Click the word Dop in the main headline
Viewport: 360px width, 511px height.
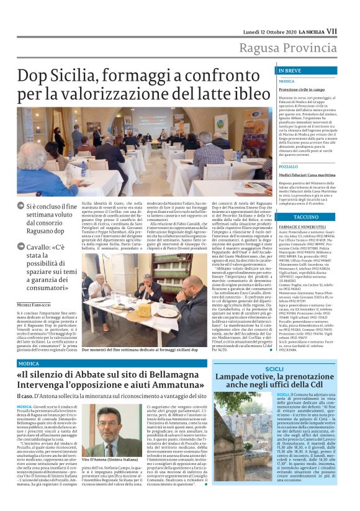[x=34, y=78]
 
